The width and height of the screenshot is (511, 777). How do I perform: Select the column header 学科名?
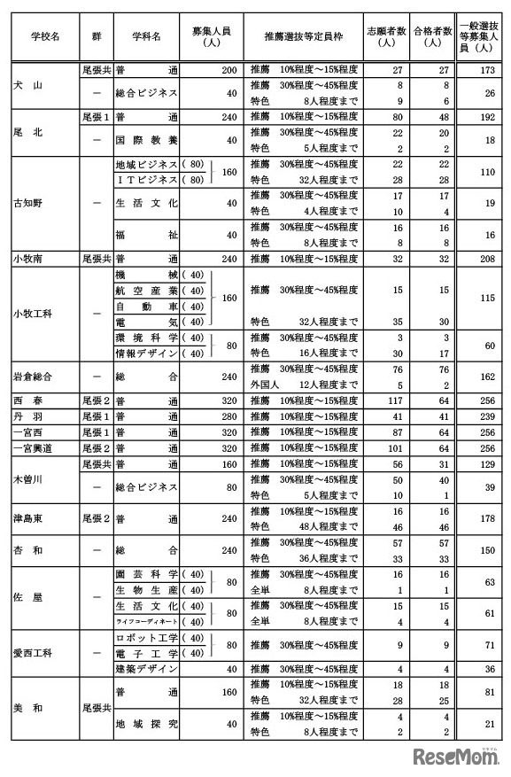pos(146,36)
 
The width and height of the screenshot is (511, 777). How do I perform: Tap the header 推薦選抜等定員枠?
pos(303,36)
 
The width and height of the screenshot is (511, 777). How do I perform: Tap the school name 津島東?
pos(35,518)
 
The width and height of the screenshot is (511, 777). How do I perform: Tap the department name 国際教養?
pos(146,139)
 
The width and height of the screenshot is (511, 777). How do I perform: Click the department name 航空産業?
pos(146,290)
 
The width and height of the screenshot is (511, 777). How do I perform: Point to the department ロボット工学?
pos(146,637)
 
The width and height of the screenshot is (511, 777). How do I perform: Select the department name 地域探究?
pos(146,723)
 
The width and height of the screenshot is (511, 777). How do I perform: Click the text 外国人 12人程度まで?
pos(304,385)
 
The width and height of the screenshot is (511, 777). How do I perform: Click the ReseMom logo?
pos(453,755)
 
